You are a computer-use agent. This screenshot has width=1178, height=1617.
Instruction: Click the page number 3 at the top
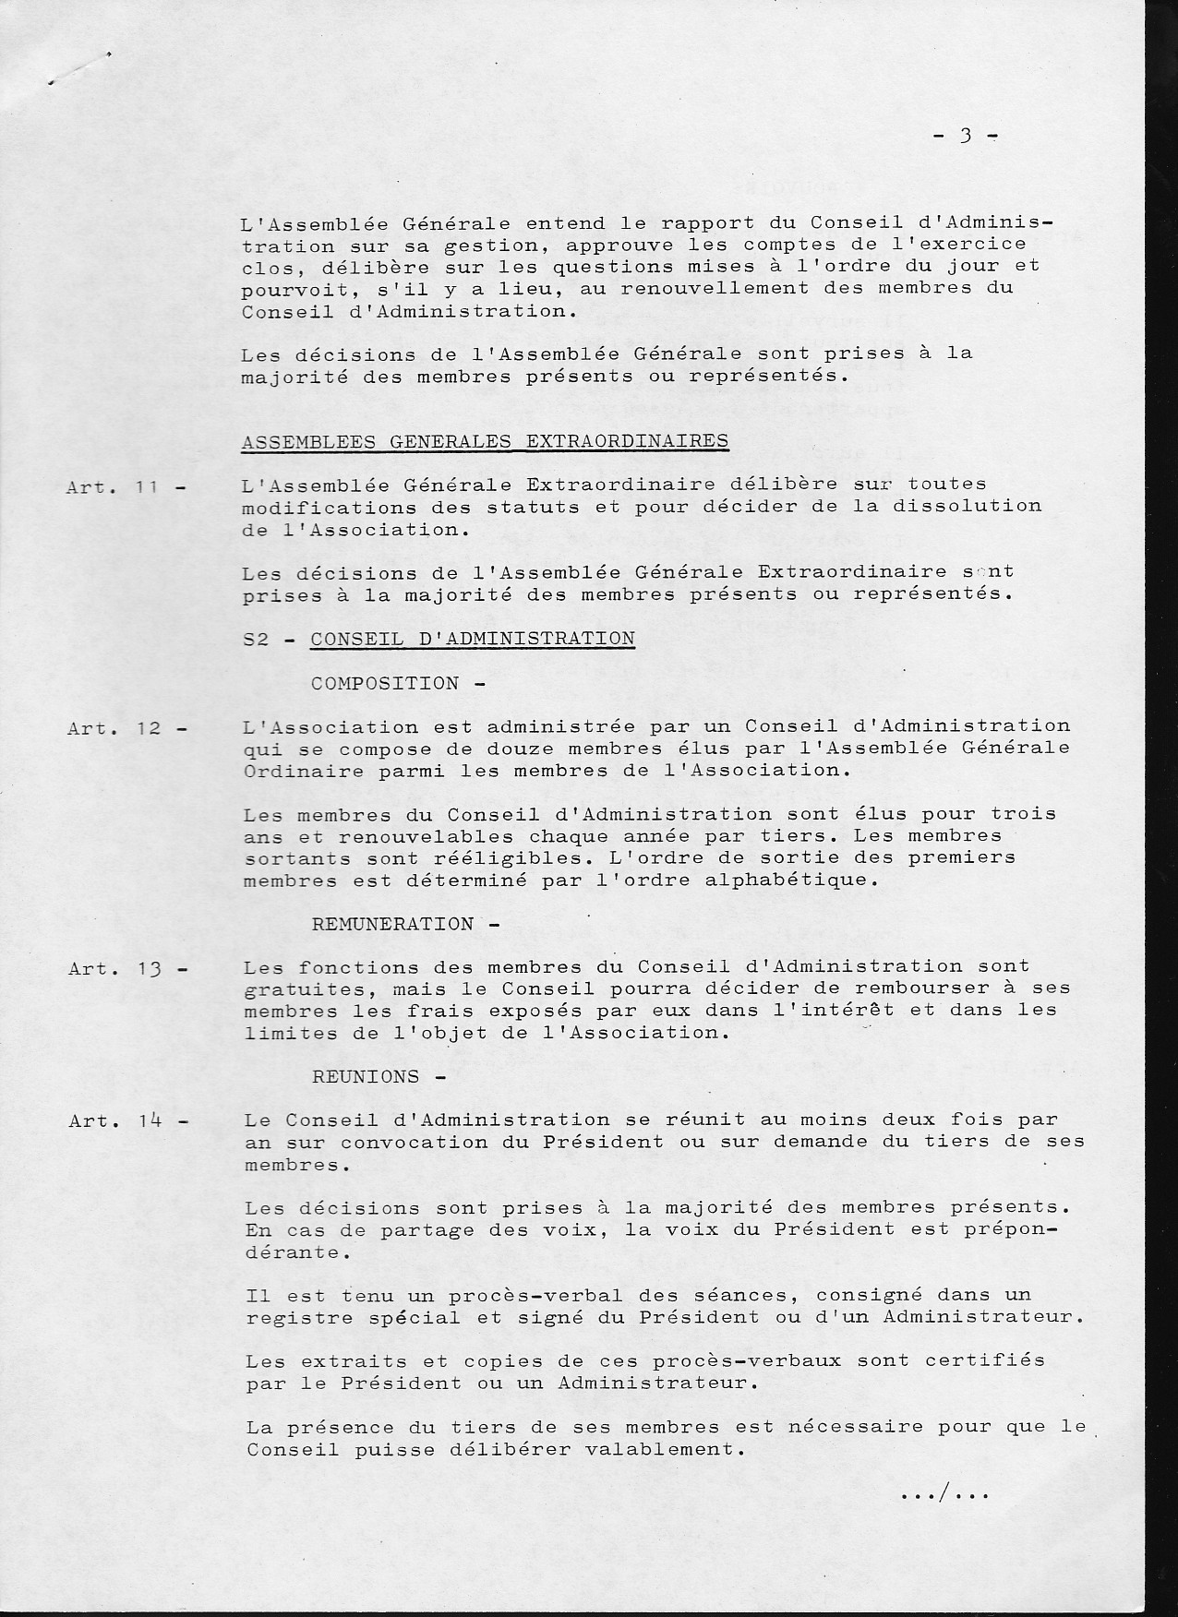pyautogui.click(x=966, y=136)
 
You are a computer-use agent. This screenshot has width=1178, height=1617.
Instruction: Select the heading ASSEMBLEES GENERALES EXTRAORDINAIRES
pyautogui.click(x=485, y=441)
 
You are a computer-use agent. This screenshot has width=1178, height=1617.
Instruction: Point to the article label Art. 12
pyautogui.click(x=127, y=729)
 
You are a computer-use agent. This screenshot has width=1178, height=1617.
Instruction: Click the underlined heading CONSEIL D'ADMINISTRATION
pyautogui.click(x=473, y=639)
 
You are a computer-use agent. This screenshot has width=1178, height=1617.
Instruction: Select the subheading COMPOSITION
pyautogui.click(x=385, y=684)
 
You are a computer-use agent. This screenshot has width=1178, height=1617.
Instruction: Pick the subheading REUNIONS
pyautogui.click(x=366, y=1077)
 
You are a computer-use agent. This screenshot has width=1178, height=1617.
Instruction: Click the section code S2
pyautogui.click(x=255, y=639)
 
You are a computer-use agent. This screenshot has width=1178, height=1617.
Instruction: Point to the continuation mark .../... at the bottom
pyautogui.click(x=944, y=1494)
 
